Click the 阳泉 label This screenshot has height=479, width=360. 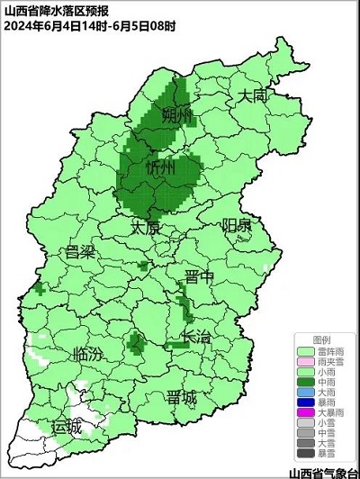click(x=237, y=225)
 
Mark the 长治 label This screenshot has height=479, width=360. click(x=196, y=337)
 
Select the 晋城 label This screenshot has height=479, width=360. click(x=183, y=398)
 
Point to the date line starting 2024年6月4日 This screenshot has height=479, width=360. click(x=89, y=25)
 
